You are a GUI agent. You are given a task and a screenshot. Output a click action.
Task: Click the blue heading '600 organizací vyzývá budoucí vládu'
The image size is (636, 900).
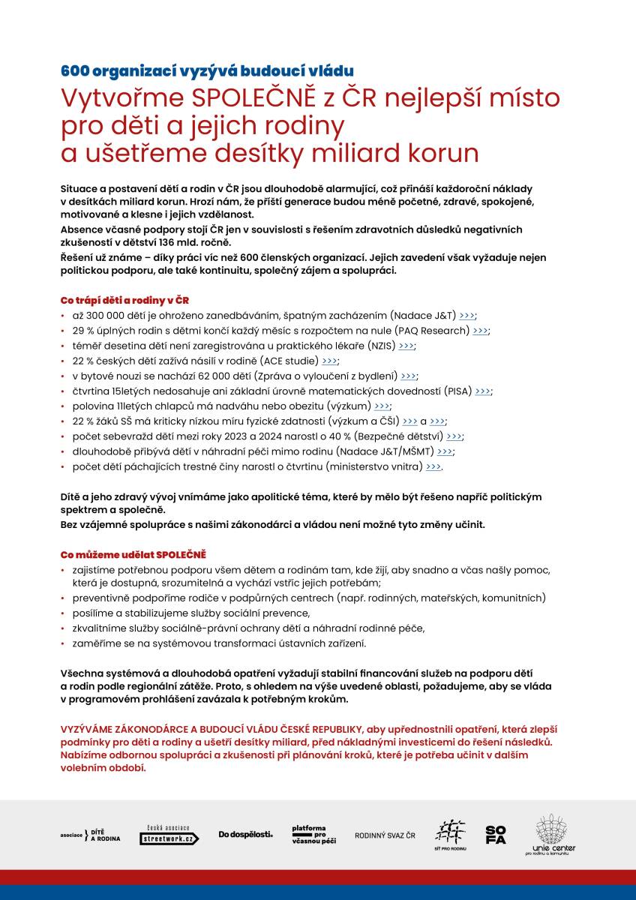[206, 71]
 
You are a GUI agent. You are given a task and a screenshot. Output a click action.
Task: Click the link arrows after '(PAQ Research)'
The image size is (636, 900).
[480, 331]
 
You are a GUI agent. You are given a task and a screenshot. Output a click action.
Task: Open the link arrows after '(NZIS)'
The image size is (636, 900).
[406, 346]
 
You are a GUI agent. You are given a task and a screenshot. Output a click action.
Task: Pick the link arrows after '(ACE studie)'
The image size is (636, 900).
[330, 361]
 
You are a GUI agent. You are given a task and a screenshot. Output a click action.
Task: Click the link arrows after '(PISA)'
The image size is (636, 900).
[483, 391]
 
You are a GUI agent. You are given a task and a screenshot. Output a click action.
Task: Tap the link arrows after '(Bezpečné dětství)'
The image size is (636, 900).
[454, 436]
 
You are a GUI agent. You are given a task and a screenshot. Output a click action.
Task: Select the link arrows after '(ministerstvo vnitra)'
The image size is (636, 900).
[433, 466]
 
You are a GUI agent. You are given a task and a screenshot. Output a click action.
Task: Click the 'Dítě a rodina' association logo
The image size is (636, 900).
[90, 834]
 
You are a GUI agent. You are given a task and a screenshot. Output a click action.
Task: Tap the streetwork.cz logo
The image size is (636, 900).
[169, 835]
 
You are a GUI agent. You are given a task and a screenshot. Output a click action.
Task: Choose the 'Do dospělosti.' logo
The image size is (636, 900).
[245, 834]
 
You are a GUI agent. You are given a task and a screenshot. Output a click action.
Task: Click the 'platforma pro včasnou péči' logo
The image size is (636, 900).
[313, 835]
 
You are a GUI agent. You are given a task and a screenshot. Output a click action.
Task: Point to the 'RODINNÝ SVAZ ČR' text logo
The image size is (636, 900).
[385, 835]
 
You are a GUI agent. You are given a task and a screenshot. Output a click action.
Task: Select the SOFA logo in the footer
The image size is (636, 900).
[496, 834]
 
